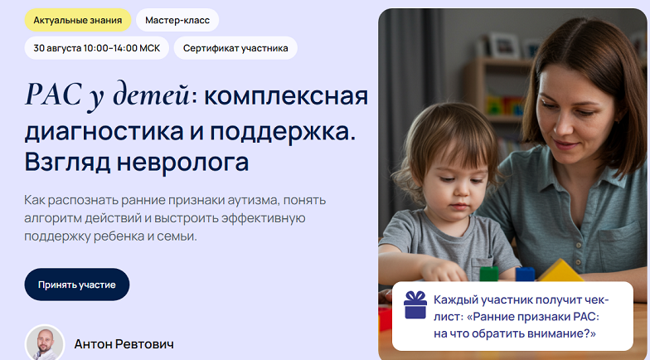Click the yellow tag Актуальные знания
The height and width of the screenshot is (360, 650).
pyautogui.click(x=78, y=19)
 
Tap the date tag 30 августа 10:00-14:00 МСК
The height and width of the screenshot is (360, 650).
pyautogui.click(x=96, y=48)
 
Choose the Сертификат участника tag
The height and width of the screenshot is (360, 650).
pyautogui.click(x=235, y=48)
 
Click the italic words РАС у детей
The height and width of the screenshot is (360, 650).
pyautogui.click(x=108, y=96)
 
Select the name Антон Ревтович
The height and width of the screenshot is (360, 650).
pyautogui.click(x=124, y=343)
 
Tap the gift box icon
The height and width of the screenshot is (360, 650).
pyautogui.click(x=415, y=304)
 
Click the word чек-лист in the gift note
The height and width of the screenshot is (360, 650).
pyautogui.click(x=585, y=301)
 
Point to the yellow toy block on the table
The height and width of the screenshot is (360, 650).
pyautogui.click(x=561, y=270)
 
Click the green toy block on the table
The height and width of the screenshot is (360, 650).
pyautogui.click(x=489, y=273)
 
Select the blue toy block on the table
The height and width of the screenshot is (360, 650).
pyautogui.click(x=525, y=274)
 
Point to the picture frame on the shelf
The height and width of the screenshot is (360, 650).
pyautogui.click(x=502, y=45)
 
